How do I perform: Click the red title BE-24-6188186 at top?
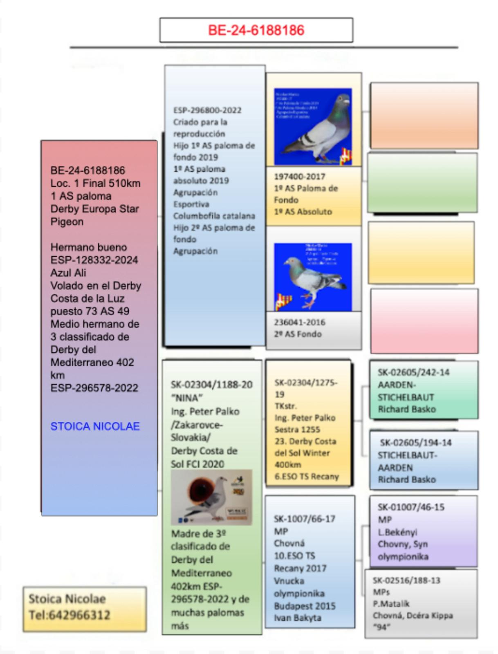256,30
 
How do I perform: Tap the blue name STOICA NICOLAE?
95,426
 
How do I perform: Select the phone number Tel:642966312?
69,615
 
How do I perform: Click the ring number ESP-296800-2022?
207,110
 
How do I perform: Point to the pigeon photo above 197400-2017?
313,126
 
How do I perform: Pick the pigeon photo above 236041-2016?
313,277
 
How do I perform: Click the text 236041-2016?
300,322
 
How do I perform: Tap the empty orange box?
424,115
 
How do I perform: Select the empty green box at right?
422,183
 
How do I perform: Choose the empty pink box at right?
424,321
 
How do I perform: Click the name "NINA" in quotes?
187,398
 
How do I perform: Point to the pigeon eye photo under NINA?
211,497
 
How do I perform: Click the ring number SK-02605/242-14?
413,372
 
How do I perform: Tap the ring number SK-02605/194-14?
415,443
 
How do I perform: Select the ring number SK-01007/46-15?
411,507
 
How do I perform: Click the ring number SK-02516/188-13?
406,580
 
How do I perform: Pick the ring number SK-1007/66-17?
305,519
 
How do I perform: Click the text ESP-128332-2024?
94,260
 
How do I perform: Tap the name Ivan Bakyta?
298,618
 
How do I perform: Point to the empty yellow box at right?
421,253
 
